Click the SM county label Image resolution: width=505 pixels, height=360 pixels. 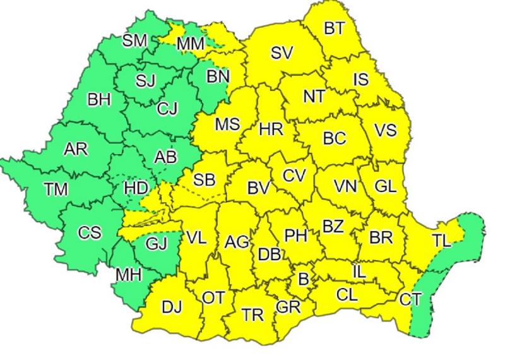click(134, 41)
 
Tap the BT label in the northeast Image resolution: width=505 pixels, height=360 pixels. click(334, 28)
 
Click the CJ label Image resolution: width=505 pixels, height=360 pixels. click(167, 109)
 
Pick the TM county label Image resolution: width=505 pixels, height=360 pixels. click(56, 189)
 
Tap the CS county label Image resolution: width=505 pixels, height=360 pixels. click(90, 232)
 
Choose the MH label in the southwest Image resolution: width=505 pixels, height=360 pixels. click(128, 275)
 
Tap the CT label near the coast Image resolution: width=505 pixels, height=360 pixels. click(410, 299)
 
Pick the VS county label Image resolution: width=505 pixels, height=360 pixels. click(385, 130)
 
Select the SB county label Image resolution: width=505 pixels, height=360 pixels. click(204, 180)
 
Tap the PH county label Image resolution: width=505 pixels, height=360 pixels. click(295, 236)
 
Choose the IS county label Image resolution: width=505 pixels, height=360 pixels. click(360, 80)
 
